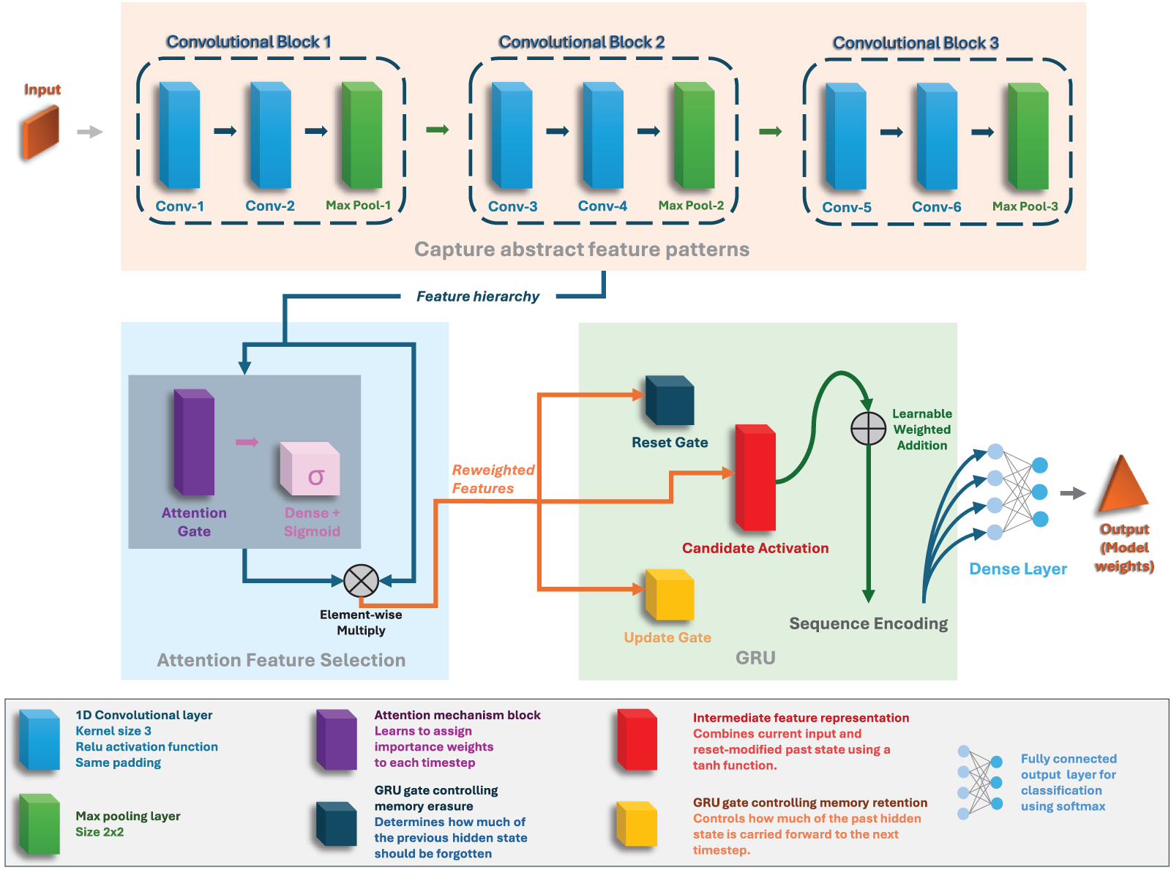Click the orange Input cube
[41, 132]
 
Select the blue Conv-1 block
[179, 135]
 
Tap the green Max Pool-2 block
[694, 135]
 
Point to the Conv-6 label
[936, 207]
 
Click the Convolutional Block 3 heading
[916, 43]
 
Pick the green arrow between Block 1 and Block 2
[437, 130]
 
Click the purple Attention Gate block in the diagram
[194, 443]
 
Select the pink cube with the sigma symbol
[310, 469]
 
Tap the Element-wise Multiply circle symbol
[361, 581]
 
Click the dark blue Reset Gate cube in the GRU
[670, 401]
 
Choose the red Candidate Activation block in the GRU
[755, 477]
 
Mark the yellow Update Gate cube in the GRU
[670, 596]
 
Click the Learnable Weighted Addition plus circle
[868, 429]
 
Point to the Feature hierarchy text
[477, 296]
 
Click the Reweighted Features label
[493, 479]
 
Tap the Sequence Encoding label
[868, 623]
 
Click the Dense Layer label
[1017, 569]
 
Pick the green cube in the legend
[40, 824]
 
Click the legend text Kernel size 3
[113, 731]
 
